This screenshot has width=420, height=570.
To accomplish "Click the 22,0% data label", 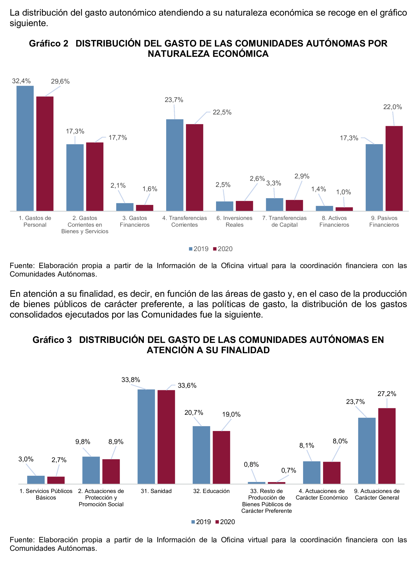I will click(x=393, y=107).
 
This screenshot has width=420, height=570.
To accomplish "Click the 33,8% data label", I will click(x=131, y=380).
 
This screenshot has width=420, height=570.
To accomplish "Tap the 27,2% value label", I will click(x=387, y=394).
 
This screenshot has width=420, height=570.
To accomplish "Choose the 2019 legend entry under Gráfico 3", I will click(x=201, y=522).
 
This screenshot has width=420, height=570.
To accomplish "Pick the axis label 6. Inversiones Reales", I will click(x=234, y=221).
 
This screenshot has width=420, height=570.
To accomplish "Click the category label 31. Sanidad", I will click(x=156, y=491).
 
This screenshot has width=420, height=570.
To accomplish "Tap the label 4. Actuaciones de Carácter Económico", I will click(x=322, y=494).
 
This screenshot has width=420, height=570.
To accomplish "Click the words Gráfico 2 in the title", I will click(x=49, y=44).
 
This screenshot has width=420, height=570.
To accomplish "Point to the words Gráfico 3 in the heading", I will click(x=52, y=340).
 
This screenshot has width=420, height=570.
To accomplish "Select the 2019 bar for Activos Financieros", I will click(x=324, y=208).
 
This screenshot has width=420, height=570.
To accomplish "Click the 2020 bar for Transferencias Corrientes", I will click(x=195, y=167).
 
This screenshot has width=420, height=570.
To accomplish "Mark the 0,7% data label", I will click(x=288, y=471).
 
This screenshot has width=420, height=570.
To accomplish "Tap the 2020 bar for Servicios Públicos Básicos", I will click(x=56, y=480).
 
